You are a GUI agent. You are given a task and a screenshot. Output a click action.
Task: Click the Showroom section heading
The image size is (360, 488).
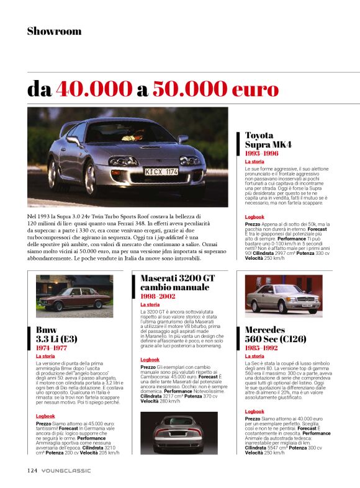point(54,31)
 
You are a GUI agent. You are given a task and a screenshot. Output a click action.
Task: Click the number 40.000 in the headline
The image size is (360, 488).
point(95,89)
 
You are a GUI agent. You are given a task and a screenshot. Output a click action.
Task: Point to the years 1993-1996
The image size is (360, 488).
point(261,153)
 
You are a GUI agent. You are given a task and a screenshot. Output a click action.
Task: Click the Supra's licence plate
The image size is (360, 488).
point(161,171)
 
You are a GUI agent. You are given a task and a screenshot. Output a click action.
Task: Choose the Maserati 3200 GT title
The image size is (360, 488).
point(177,283)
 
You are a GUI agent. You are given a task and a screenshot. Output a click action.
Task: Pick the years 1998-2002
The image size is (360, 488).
point(158,297)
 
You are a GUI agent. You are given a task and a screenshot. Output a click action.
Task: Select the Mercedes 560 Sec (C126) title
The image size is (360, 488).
point(274,335)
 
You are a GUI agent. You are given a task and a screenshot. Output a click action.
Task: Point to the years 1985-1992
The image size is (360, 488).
point(261,348)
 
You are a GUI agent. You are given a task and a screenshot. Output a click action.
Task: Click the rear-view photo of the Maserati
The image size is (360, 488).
point(179,432)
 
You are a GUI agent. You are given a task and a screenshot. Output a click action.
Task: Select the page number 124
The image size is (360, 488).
point(32,470)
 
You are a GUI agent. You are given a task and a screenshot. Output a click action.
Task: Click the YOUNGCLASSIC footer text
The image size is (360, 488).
point(66,471)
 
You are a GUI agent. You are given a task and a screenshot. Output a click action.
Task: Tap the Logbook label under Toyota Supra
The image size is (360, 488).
point(254,217)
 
